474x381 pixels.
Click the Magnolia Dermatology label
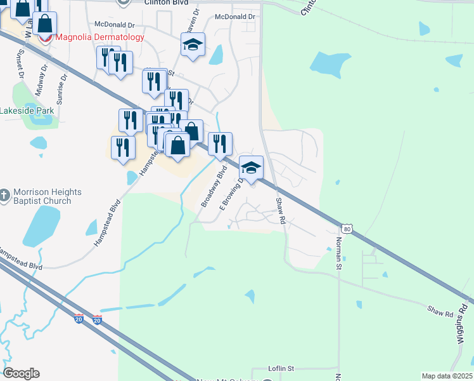coord(99,37)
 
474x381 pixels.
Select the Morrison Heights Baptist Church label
coord(49,196)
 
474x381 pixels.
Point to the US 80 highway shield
coord(345,228)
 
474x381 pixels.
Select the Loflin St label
coord(282,368)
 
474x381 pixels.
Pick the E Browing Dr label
coord(231,194)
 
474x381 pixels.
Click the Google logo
coord(21,373)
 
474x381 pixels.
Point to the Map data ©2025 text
coord(447,376)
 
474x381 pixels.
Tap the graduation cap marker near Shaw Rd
coord(252,168)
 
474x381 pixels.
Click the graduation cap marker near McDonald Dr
coord(193,45)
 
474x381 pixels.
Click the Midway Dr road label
coord(41,75)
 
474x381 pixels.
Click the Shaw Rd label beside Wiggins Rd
coord(440,314)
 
